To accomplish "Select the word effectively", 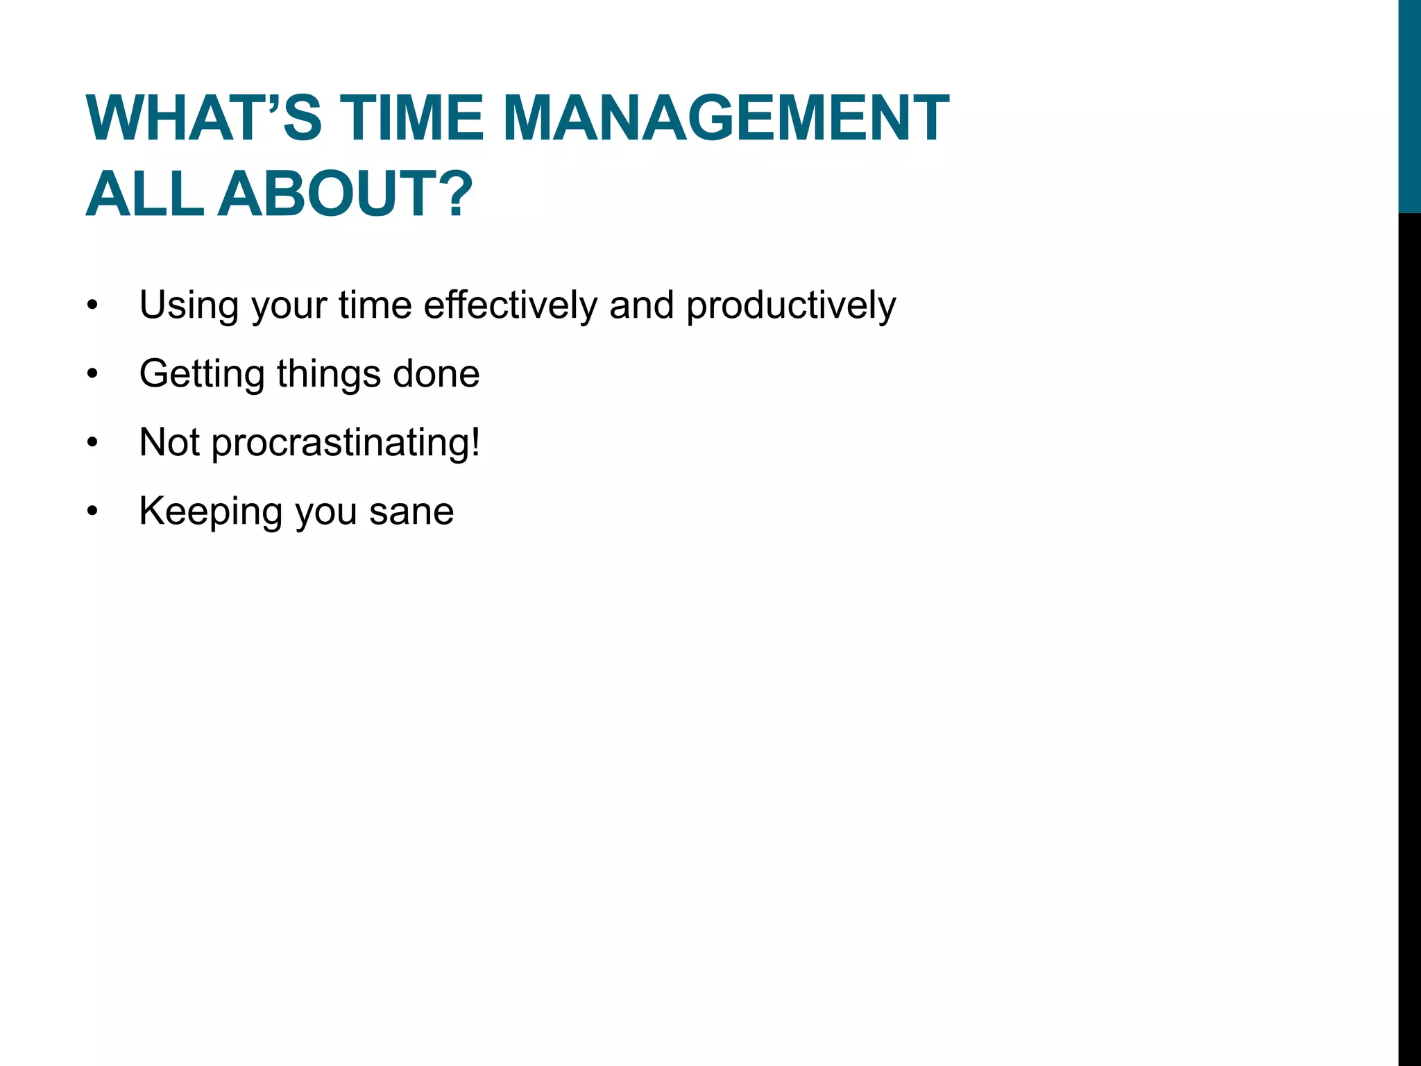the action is click(510, 305).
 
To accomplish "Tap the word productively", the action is click(791, 306).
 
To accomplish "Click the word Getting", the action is click(202, 375).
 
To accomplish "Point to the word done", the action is click(436, 373).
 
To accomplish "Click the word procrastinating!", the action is click(346, 443).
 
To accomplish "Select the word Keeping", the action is click(211, 512).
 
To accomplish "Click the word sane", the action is click(411, 512).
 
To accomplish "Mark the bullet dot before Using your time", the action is click(93, 305).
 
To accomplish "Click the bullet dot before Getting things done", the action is click(93, 374).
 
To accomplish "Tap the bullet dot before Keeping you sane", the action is click(93, 511).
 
